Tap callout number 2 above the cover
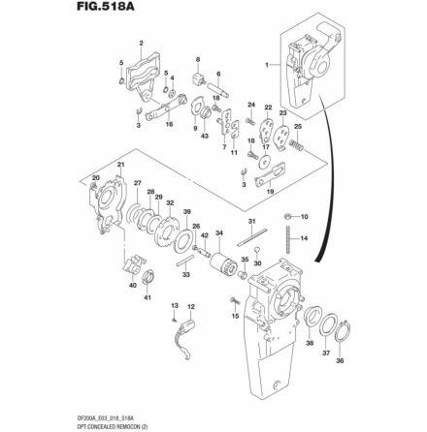(x=143, y=44)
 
